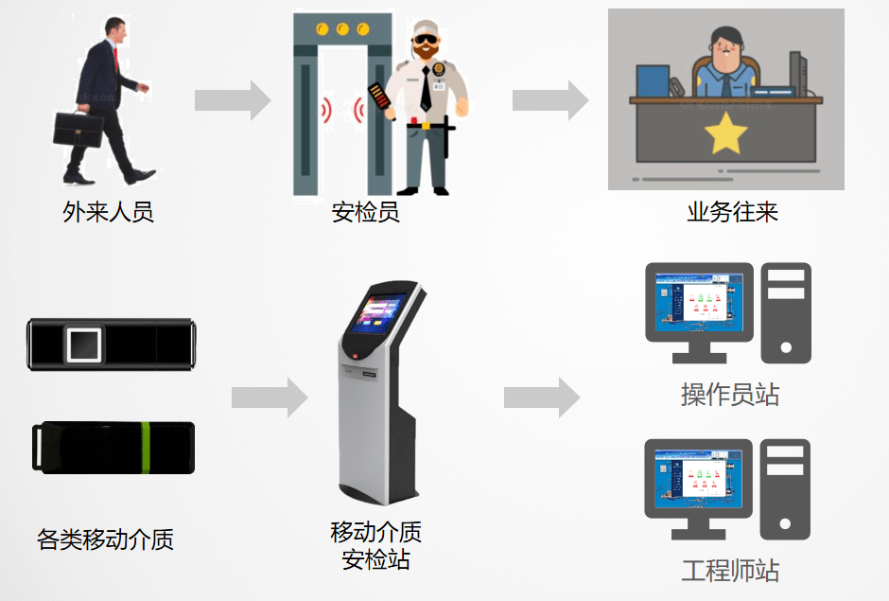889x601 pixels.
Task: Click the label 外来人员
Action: pos(108,212)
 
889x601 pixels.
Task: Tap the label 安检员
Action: pos(366,212)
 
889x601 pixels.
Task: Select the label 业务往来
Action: pos(732,212)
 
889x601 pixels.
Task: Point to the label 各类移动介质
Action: pos(105,539)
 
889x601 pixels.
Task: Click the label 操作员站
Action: pos(730,394)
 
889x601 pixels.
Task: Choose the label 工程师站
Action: pos(730,571)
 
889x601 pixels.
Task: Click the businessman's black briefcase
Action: pos(78,129)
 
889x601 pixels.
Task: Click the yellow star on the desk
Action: pos(726,134)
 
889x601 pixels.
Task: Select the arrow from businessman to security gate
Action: pos(233,100)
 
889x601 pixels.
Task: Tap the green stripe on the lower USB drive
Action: pos(146,448)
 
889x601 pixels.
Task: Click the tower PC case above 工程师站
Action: pos(785,488)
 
